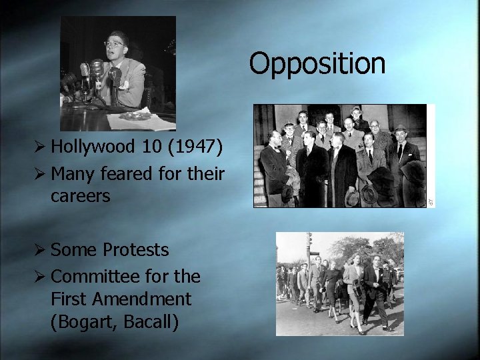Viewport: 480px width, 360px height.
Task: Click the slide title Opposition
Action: point(317,64)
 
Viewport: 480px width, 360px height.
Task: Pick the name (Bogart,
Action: point(84,322)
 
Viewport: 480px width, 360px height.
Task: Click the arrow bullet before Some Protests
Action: point(42,249)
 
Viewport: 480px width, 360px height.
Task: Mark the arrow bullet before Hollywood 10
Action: point(42,146)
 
